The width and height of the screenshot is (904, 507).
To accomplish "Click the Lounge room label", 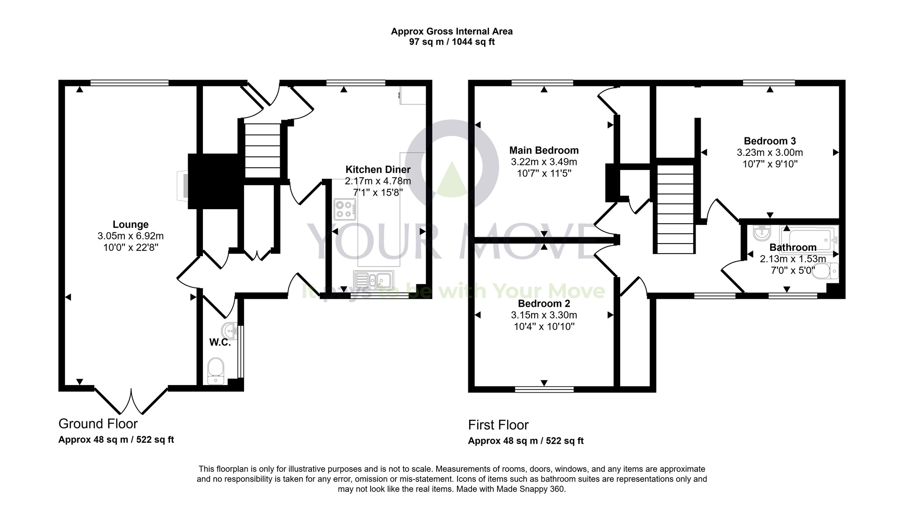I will (x=130, y=225).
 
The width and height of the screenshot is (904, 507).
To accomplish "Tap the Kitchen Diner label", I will (x=378, y=169).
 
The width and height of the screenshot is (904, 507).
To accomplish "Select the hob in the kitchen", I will (x=344, y=209).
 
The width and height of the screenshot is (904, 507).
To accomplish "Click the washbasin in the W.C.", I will (x=231, y=330).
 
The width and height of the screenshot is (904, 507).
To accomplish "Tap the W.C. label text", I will (x=220, y=343).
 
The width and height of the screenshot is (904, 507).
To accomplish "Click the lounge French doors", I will (x=131, y=400).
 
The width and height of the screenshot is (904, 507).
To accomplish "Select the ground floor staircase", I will (x=262, y=151).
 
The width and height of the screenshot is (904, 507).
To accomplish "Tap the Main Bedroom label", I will (x=544, y=150).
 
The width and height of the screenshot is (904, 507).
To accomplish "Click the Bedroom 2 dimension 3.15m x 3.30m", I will (x=544, y=315).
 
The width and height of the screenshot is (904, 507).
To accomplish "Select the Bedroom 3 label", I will (x=770, y=141).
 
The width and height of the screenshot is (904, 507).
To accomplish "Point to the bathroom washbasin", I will (x=762, y=234).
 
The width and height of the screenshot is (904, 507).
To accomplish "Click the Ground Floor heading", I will (x=98, y=424).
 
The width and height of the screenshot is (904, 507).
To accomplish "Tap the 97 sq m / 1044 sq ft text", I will (x=452, y=42).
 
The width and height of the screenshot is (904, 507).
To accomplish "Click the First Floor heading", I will (x=498, y=425).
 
